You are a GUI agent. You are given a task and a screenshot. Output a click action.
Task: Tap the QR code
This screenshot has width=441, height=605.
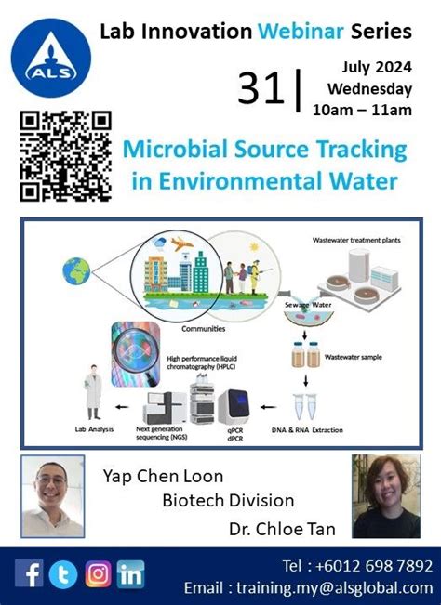pos(65,156)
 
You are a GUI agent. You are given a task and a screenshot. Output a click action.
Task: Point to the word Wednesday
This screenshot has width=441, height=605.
pos(369,89)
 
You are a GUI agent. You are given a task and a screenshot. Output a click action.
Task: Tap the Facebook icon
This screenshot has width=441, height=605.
pos(30,573)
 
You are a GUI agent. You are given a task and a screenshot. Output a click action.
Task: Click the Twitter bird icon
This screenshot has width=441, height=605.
pos(63,573)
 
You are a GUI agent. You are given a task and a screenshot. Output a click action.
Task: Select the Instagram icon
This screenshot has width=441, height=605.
pos(98,573)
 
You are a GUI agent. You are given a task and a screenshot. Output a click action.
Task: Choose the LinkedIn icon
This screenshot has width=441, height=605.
pos(131,573)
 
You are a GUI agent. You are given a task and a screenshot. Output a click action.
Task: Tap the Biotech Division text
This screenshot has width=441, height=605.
pos(228,502)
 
